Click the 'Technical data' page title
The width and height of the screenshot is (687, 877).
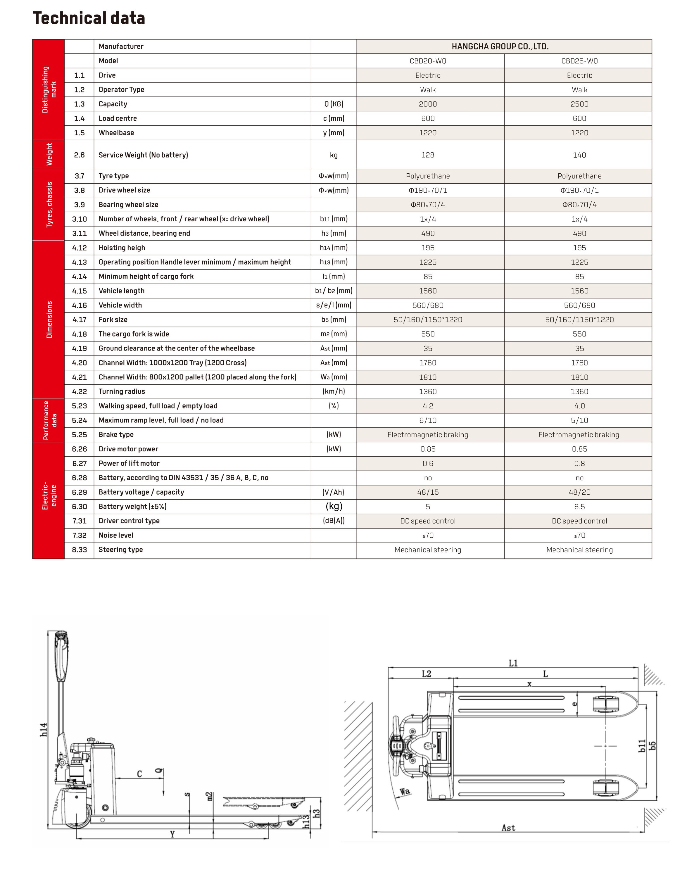coord(89,18)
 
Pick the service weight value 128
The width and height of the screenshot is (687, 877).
coord(428,155)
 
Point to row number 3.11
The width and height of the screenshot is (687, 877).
coord(79,233)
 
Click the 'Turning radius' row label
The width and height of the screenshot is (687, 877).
coord(122,391)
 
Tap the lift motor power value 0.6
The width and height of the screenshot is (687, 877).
coord(428,463)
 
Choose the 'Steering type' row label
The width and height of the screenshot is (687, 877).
coord(121,549)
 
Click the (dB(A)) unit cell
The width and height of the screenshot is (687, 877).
coord(334,521)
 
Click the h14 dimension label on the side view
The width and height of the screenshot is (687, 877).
coord(44,730)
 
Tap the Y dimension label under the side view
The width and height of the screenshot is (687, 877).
coord(172,834)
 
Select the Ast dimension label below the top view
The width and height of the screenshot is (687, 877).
coord(508,828)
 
